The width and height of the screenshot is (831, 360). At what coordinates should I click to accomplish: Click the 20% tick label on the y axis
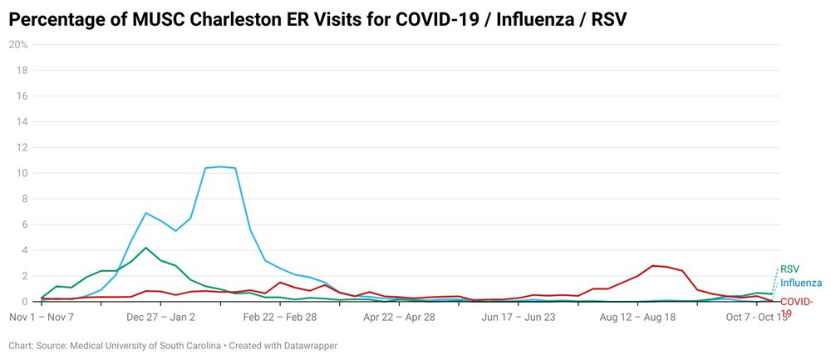pos(18,45)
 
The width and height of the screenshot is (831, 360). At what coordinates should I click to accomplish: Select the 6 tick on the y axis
pos(25,224)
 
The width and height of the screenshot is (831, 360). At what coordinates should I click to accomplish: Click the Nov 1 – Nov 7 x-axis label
pos(42,317)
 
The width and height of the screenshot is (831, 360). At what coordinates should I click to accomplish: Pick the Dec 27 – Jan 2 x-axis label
pos(160,317)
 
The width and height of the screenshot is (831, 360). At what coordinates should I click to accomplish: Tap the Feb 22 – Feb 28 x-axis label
pos(280,317)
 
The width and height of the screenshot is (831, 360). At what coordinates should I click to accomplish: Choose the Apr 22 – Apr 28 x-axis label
pos(399,317)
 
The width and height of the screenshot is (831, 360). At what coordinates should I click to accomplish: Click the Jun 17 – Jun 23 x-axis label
pos(518,317)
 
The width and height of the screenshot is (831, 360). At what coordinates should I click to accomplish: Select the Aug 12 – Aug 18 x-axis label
pos(637,317)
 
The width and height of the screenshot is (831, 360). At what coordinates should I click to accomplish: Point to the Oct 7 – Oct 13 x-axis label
pos(756,317)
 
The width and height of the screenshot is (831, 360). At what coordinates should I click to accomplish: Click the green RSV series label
pos(789,269)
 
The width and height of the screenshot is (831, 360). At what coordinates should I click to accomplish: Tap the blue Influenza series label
pos(801,284)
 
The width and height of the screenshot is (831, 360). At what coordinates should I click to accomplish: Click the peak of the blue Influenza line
pos(220,166)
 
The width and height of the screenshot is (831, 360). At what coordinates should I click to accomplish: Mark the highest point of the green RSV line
pos(146,248)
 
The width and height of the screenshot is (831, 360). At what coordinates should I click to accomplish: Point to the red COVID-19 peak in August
pos(652,265)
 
